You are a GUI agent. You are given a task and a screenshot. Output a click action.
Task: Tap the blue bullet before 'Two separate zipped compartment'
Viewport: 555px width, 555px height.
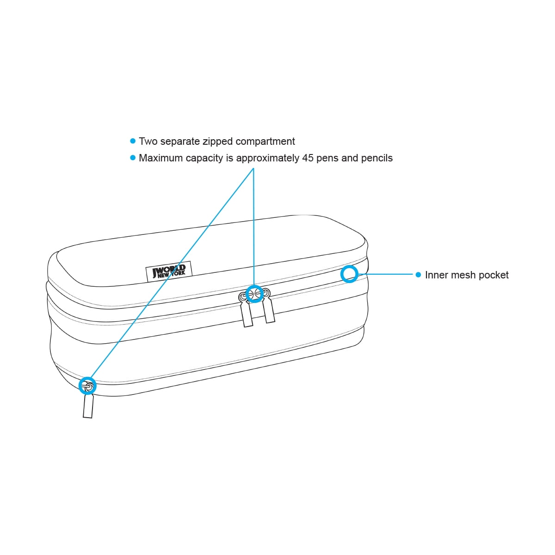coord(133,141)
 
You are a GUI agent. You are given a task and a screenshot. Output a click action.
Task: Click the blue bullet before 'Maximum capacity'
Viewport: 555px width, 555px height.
coord(133,158)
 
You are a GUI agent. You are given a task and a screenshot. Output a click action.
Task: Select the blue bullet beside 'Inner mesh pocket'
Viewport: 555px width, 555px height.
coord(418,275)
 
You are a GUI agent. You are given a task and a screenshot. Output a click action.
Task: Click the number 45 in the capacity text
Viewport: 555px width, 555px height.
coord(308,158)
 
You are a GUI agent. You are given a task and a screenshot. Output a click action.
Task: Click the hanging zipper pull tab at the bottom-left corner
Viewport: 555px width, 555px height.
coord(88,406)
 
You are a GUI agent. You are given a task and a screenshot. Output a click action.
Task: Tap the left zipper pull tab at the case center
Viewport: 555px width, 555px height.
coord(247,314)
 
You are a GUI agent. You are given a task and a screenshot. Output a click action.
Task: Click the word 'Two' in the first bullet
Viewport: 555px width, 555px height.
coord(148,142)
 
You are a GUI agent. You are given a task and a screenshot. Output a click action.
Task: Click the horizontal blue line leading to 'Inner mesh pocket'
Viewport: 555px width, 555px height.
coord(386,274)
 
